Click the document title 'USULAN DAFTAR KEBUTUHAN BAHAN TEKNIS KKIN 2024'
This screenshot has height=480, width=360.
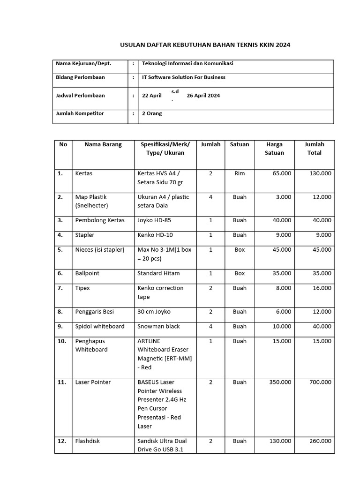click(205, 45)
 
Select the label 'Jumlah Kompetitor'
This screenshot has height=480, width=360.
click(80, 113)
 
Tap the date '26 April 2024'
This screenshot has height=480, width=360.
click(203, 96)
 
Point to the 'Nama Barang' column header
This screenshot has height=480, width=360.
click(103, 144)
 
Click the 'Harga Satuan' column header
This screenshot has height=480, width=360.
click(274, 149)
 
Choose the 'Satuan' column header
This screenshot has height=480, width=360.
click(240, 144)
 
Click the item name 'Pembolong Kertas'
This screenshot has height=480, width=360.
click(100, 220)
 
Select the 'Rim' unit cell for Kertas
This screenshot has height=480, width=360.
click(240, 173)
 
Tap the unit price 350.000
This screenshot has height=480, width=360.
click(279, 382)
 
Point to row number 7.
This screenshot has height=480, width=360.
click(60, 288)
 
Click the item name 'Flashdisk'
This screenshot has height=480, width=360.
click(88, 441)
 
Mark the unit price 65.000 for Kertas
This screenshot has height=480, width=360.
click(281, 173)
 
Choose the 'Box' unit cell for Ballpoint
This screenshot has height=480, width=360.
click(240, 273)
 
